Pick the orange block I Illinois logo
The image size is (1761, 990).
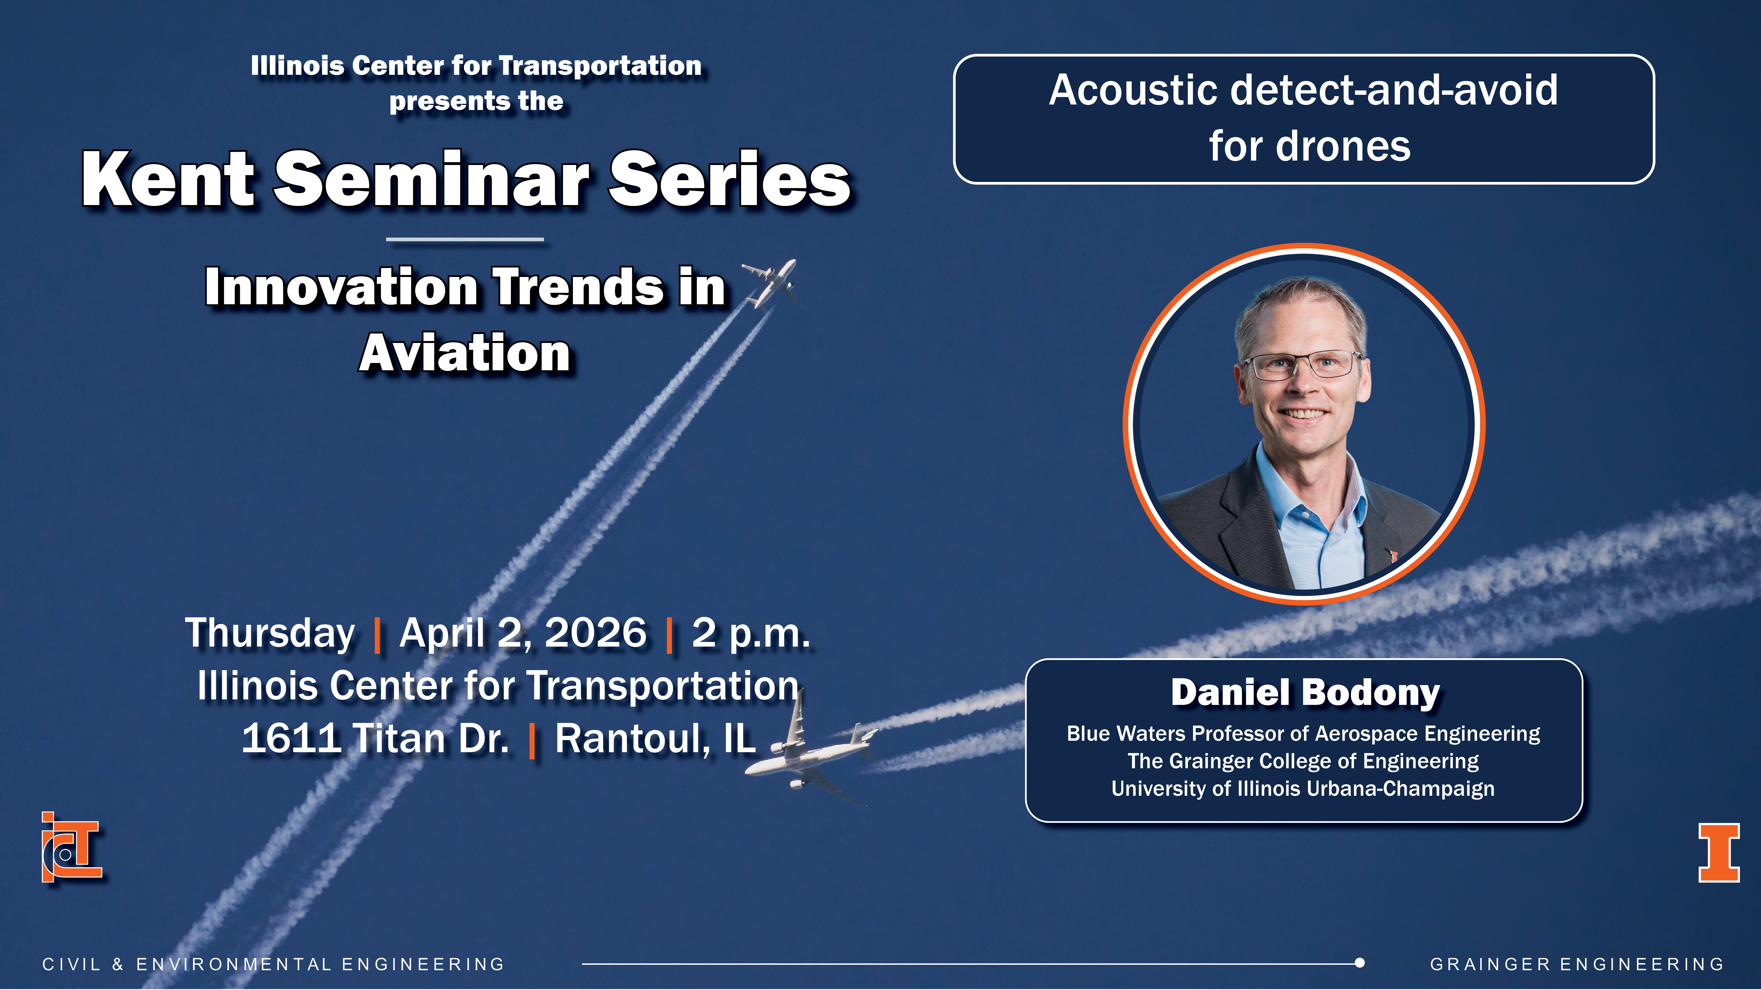pos(1719,853)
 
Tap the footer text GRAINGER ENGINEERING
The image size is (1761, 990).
pos(1577,964)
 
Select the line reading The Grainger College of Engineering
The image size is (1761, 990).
pos(1303,761)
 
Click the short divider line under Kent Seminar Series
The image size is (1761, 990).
pos(465,239)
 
